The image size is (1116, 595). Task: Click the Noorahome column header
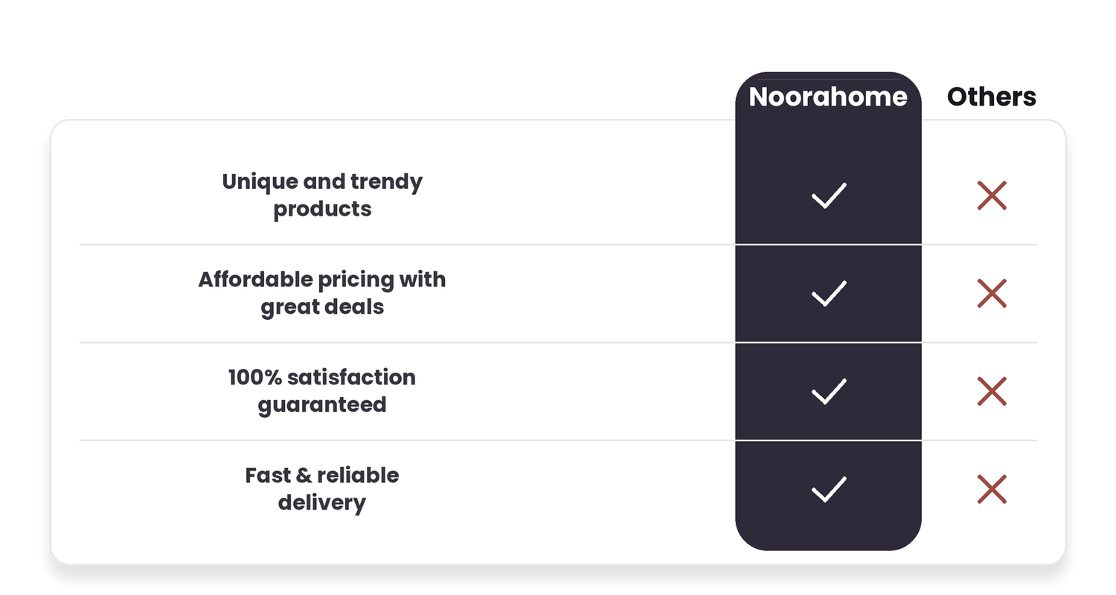pyautogui.click(x=828, y=97)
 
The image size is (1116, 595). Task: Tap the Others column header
pyautogui.click(x=992, y=97)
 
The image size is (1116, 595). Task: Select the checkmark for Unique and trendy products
pyautogui.click(x=829, y=195)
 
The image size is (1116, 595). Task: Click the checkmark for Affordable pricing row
pyautogui.click(x=829, y=293)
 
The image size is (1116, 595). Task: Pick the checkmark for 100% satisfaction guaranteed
pyautogui.click(x=829, y=391)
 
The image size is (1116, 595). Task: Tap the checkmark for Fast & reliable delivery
pyautogui.click(x=829, y=489)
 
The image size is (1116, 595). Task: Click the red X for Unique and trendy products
pyautogui.click(x=992, y=195)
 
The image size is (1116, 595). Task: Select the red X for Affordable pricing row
pyautogui.click(x=992, y=293)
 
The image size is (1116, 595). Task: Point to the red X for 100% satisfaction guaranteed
pyautogui.click(x=992, y=391)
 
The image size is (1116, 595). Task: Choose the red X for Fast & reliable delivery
pyautogui.click(x=992, y=489)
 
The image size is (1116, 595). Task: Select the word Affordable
pyautogui.click(x=256, y=280)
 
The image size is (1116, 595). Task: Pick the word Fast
pyautogui.click(x=268, y=475)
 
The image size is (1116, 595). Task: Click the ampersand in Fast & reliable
pyautogui.click(x=304, y=476)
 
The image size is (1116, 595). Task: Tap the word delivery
pyautogui.click(x=322, y=504)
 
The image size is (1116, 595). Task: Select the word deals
pyautogui.click(x=354, y=306)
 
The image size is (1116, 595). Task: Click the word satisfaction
pyautogui.click(x=351, y=377)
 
